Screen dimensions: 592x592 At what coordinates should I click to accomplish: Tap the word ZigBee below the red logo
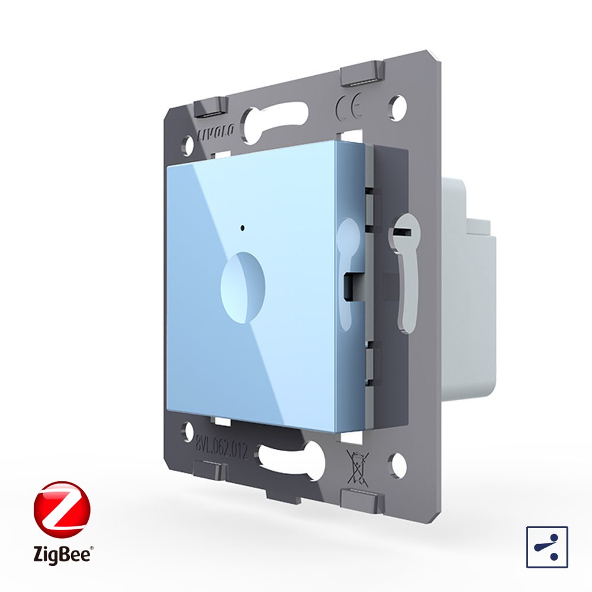coord(63,554)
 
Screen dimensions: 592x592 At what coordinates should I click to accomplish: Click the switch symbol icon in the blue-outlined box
coord(547,547)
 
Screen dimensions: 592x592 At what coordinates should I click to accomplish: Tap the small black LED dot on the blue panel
coord(242,228)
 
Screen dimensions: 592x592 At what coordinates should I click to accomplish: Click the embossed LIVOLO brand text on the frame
coord(216,131)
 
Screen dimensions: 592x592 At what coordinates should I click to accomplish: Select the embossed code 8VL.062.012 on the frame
coord(221,448)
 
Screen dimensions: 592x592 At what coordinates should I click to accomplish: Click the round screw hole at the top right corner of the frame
coord(398,105)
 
